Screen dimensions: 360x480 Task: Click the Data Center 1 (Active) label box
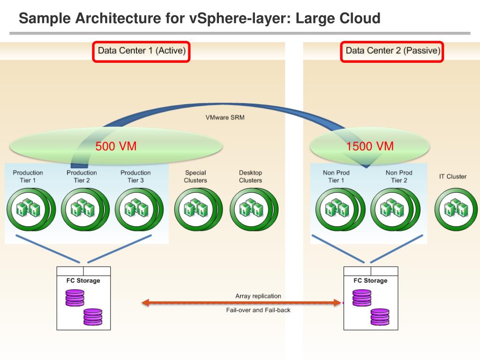click(x=142, y=51)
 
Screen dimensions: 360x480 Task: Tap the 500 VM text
click(x=116, y=146)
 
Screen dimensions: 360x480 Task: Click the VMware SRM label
click(x=225, y=117)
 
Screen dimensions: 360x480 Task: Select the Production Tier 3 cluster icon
click(x=136, y=209)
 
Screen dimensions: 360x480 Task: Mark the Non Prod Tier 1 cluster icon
click(x=337, y=209)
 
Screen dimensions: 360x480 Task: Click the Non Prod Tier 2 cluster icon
click(x=391, y=209)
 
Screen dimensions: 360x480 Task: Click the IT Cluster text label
click(x=453, y=177)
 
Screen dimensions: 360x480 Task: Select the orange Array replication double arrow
click(x=241, y=303)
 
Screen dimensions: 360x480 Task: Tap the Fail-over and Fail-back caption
click(x=258, y=310)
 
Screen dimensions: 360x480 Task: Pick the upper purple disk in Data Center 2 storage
click(x=361, y=297)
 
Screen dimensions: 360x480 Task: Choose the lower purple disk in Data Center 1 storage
click(x=93, y=317)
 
